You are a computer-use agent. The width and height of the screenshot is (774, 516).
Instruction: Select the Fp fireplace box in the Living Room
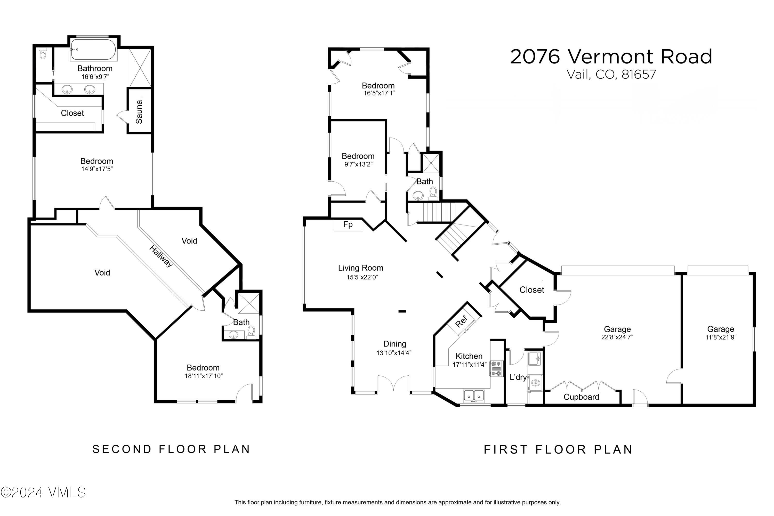pyautogui.click(x=348, y=225)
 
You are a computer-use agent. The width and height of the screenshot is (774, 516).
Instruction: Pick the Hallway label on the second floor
pyautogui.click(x=161, y=256)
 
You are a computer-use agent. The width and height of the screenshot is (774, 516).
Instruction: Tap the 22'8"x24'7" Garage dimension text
pyautogui.click(x=617, y=337)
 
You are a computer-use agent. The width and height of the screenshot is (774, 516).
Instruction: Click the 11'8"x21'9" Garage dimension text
pyautogui.click(x=721, y=337)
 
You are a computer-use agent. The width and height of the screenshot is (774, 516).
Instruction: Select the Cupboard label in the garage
pyautogui.click(x=581, y=397)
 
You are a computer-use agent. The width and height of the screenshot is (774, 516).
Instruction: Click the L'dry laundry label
pyautogui.click(x=518, y=377)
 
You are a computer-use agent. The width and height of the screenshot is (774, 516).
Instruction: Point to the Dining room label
pyautogui.click(x=394, y=344)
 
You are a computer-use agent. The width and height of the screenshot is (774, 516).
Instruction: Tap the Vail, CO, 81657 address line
pyautogui.click(x=611, y=74)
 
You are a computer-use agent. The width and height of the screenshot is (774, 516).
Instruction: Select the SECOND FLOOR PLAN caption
pyautogui.click(x=171, y=449)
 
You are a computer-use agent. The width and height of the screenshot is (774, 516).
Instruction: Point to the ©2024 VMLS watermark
pyautogui.click(x=43, y=492)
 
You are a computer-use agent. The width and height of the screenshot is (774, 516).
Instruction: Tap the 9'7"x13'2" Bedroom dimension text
pyautogui.click(x=358, y=164)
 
